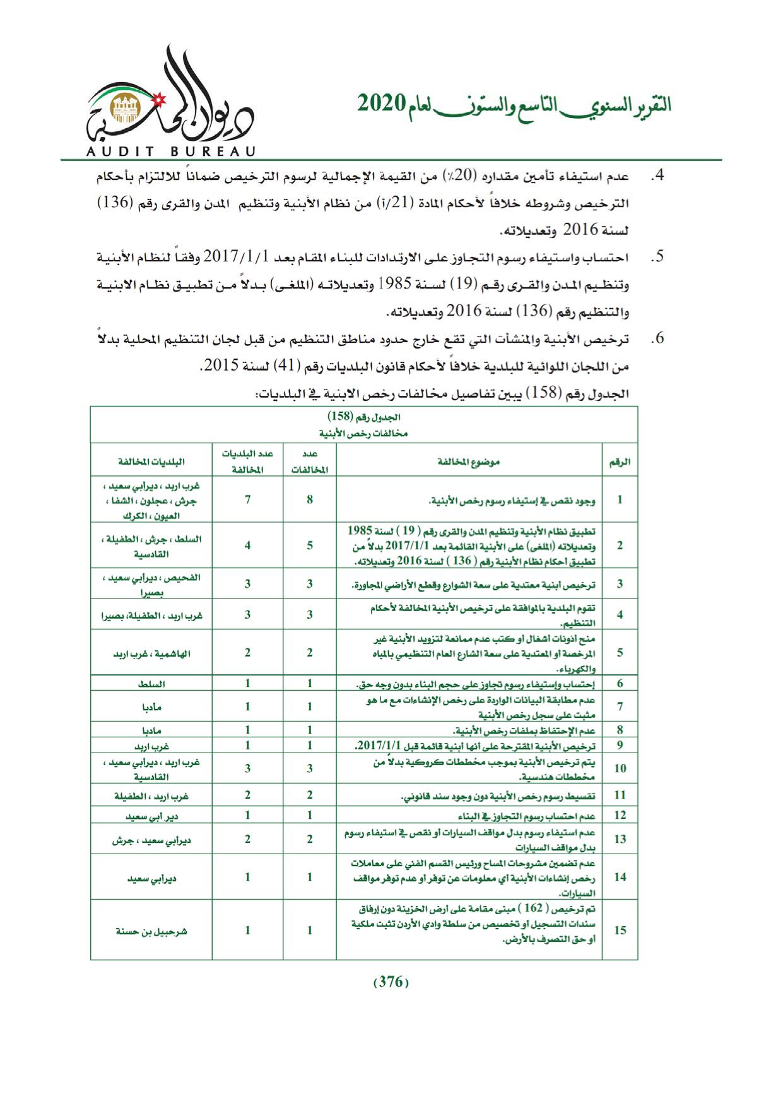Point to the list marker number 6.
657,338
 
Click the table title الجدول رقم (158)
364,417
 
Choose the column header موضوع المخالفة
469,462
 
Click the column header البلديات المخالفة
151,462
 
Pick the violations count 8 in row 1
310,499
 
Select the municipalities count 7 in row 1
247,499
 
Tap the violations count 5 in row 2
310,545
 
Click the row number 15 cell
620,930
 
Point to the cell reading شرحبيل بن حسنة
151,931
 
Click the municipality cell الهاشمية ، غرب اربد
151,653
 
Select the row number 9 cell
620,745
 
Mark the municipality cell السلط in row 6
151,684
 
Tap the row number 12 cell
620,815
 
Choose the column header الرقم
620,462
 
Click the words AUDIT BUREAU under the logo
170,152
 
